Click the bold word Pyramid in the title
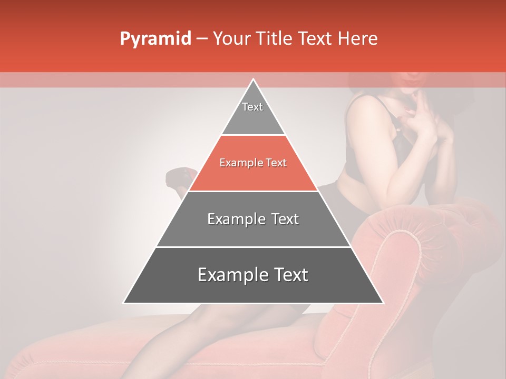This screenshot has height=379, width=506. (x=155, y=38)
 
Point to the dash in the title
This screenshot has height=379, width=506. (x=202, y=39)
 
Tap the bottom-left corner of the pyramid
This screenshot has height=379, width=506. (x=125, y=303)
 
